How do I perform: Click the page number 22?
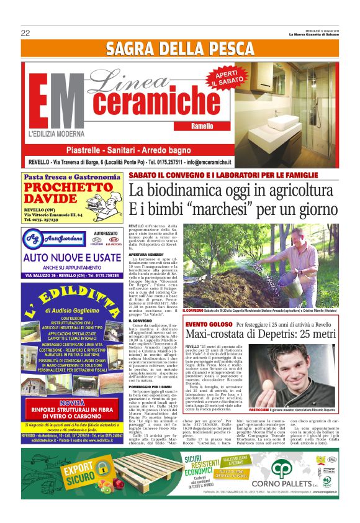pyautogui.click(x=25, y=33)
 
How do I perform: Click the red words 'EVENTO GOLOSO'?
pyautogui.click(x=205, y=325)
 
